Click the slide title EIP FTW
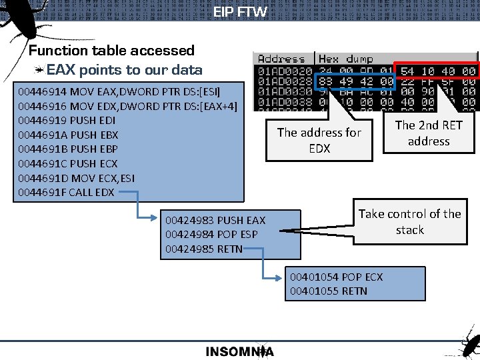[x=240, y=11]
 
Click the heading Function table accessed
[x=111, y=51]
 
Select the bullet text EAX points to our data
[x=124, y=70]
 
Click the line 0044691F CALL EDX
[x=66, y=193]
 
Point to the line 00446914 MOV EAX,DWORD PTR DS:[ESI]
[x=119, y=91]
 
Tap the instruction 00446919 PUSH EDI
[x=67, y=120]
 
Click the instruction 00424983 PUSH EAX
[x=215, y=220]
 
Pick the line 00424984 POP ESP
[x=211, y=234]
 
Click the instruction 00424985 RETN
[x=203, y=249]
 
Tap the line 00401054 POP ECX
[x=336, y=277]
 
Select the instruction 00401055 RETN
[x=328, y=291]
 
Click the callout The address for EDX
[x=319, y=141]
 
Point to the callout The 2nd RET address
[x=429, y=133]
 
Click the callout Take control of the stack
[x=409, y=222]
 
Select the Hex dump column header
[x=346, y=59]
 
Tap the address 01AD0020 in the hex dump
[x=285, y=71]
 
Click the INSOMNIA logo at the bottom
[x=239, y=351]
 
